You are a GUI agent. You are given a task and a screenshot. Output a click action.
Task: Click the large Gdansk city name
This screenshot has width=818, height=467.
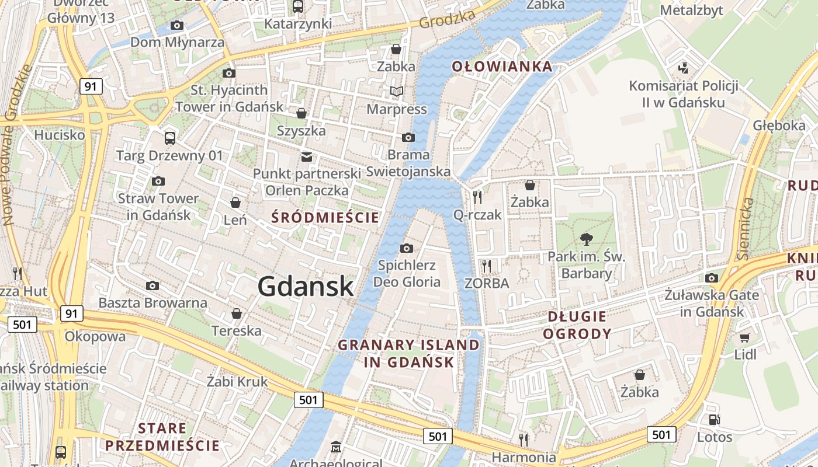[306, 287]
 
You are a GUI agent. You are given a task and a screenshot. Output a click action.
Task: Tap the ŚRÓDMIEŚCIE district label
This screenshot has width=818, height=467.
[325, 218]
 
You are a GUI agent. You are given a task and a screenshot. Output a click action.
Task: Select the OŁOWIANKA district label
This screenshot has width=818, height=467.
[502, 67]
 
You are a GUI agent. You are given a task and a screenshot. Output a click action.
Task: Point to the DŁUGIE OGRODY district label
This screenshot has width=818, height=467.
[577, 325]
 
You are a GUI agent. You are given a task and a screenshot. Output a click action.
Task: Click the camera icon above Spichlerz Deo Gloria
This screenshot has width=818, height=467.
[407, 249]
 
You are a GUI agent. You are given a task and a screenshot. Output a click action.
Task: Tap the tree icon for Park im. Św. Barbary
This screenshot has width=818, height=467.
[586, 239]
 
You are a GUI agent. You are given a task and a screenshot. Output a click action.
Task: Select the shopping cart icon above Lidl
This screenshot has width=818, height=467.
[744, 337]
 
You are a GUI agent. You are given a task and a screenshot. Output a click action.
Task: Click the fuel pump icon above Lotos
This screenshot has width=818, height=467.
[714, 419]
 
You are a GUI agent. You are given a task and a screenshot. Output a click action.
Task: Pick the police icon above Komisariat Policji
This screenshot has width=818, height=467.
[683, 68]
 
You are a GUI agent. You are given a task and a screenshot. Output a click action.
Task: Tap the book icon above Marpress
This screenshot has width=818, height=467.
[397, 92]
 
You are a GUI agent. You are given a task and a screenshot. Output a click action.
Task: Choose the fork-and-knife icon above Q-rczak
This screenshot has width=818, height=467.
[477, 197]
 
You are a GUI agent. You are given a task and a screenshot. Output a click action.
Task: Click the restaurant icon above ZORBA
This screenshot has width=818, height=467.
[486, 266]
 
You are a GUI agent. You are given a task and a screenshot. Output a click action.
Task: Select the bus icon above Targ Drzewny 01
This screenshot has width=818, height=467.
[170, 138]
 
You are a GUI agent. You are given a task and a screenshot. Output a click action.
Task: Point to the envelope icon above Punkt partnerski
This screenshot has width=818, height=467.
[306, 156]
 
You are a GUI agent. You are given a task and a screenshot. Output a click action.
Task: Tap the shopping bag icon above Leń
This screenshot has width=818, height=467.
[235, 203]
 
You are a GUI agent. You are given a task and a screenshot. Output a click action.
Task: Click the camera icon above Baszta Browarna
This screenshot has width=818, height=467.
[152, 285]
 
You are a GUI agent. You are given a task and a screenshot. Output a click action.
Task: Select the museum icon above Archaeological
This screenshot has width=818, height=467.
[335, 447]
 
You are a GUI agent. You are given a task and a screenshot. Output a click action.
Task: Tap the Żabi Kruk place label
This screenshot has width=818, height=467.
[237, 382]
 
